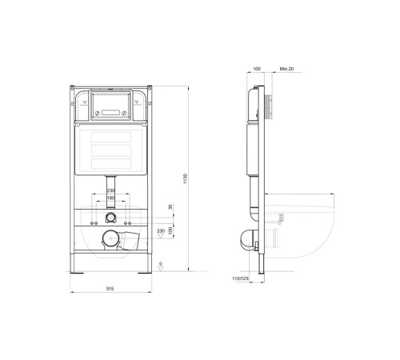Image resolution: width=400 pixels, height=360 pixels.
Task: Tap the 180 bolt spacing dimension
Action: coord(110,198)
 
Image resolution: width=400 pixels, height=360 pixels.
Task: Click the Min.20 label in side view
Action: coord(285,70)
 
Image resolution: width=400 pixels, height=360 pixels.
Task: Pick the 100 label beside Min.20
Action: coord(258,70)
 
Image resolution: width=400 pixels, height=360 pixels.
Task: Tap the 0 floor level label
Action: coord(161,263)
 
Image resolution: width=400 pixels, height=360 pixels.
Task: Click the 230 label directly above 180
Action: coord(110,190)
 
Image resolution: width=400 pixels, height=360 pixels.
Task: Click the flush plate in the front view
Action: coord(110,103)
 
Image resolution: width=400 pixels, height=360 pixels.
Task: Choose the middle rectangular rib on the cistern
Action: coord(110,150)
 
